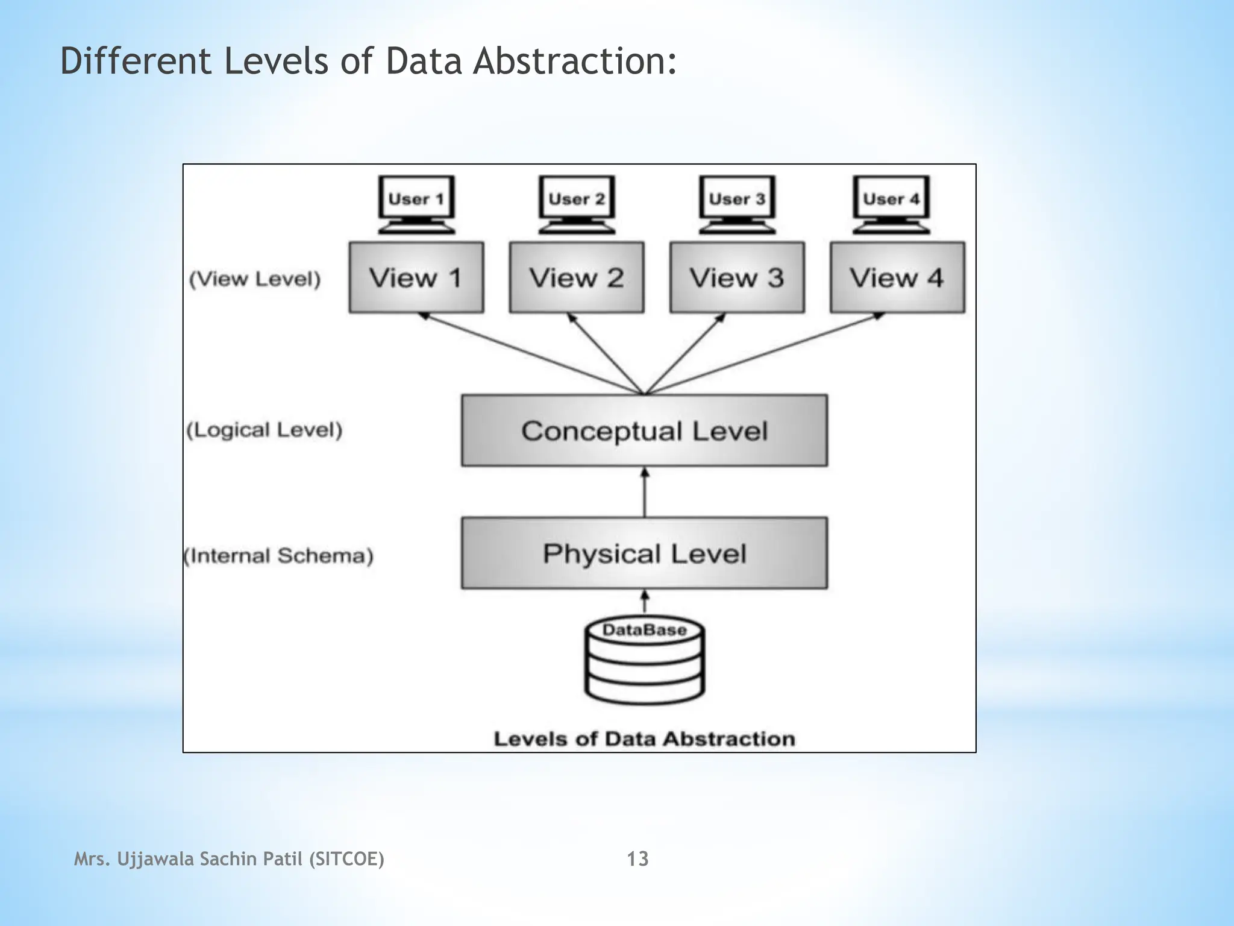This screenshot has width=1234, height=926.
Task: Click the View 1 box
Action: (x=416, y=277)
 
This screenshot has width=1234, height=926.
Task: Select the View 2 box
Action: (x=576, y=277)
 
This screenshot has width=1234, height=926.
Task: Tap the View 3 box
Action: (x=736, y=277)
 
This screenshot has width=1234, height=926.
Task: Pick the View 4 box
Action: (x=897, y=277)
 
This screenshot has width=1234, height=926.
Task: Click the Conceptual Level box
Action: (x=644, y=430)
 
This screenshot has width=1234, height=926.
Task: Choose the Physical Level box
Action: (x=644, y=553)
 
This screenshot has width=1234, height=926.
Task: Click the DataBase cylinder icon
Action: (x=644, y=661)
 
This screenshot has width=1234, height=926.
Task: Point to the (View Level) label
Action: (x=255, y=279)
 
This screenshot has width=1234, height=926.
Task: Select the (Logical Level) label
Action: (x=265, y=430)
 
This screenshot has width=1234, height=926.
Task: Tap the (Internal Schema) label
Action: (x=278, y=555)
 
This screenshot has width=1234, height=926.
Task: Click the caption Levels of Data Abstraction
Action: (x=644, y=739)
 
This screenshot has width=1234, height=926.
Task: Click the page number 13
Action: (x=637, y=858)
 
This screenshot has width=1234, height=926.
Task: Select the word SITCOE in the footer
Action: (x=346, y=858)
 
